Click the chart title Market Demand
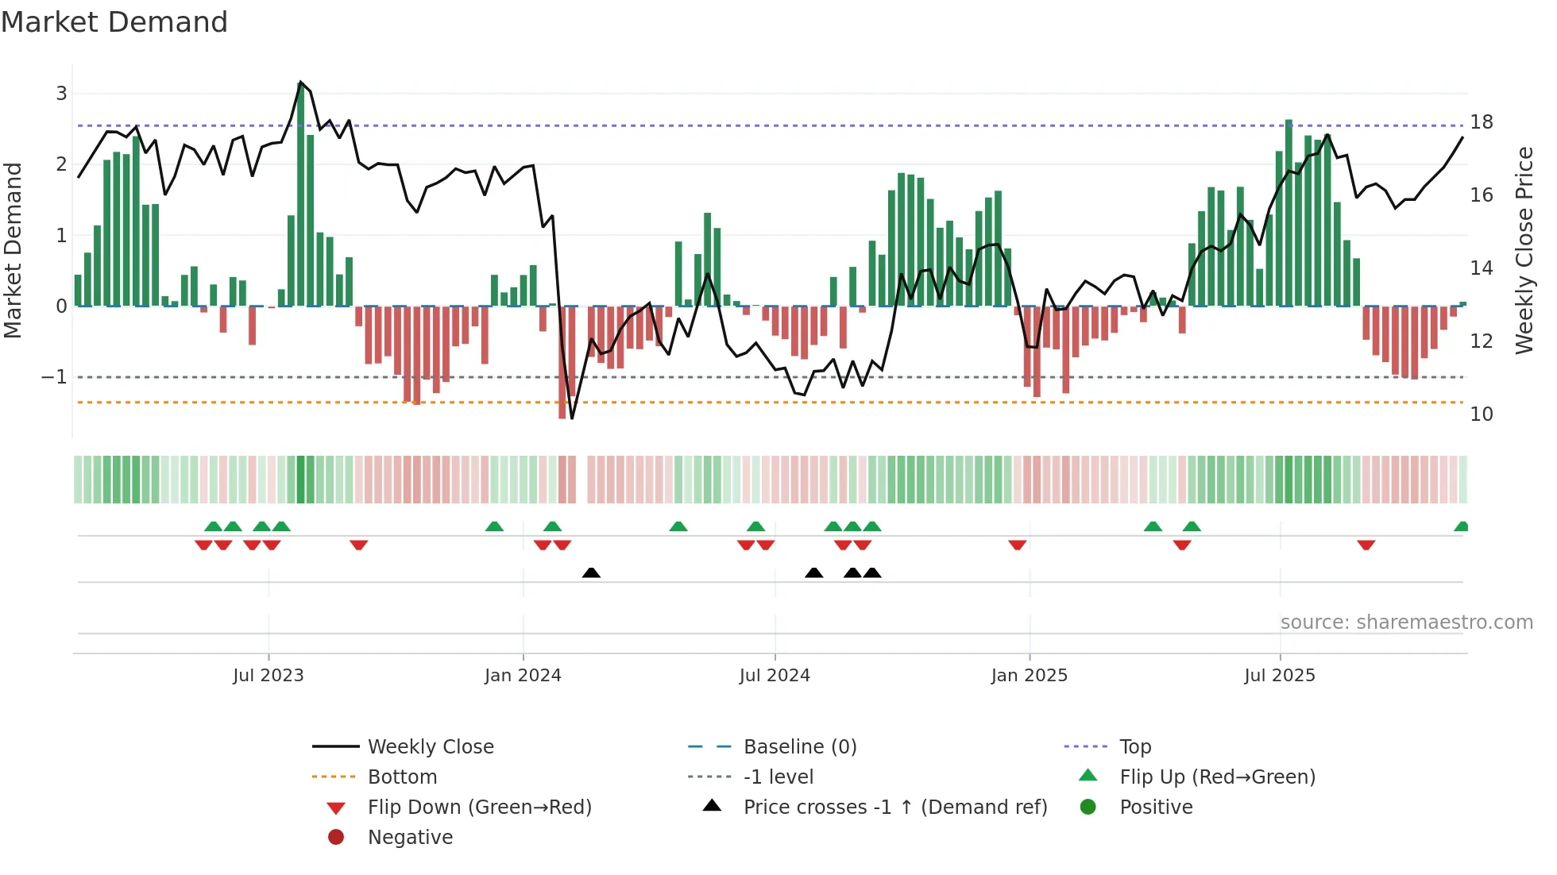pyautogui.click(x=114, y=22)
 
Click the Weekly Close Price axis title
pyautogui.click(x=1524, y=250)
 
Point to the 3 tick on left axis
pyautogui.click(x=61, y=94)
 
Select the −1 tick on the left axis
pyautogui.click(x=55, y=377)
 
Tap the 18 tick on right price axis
pyautogui.click(x=1481, y=122)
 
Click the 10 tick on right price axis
pyautogui.click(x=1481, y=414)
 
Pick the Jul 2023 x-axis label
pyautogui.click(x=269, y=676)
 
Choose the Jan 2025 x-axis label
pyautogui.click(x=1029, y=676)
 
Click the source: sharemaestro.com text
pyautogui.click(x=1406, y=623)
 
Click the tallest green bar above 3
pyautogui.click(x=301, y=195)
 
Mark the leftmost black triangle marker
pyautogui.click(x=591, y=572)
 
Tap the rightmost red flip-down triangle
pyautogui.click(x=1366, y=545)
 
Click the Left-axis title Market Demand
pyautogui.click(x=13, y=250)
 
